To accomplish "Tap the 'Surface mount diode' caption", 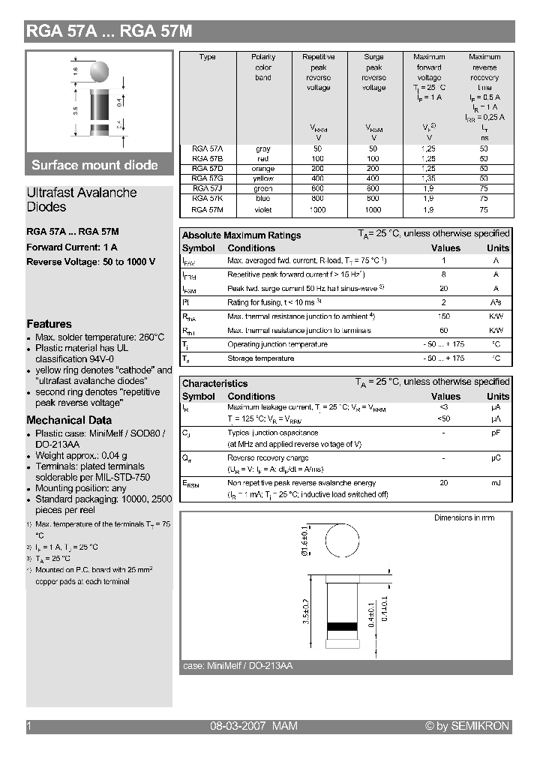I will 94,165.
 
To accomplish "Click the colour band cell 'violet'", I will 263,210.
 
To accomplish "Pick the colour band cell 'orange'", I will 263,169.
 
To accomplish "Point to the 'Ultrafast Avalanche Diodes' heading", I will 81,199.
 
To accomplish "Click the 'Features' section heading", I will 49,324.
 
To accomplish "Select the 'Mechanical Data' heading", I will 69,420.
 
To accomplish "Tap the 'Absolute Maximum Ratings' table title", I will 241,235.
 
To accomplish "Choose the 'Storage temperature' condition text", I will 260,358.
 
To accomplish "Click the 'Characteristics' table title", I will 214,383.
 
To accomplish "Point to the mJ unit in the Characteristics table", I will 496,483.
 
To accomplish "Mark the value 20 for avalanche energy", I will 444,483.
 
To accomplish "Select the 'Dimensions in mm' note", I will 463,518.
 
